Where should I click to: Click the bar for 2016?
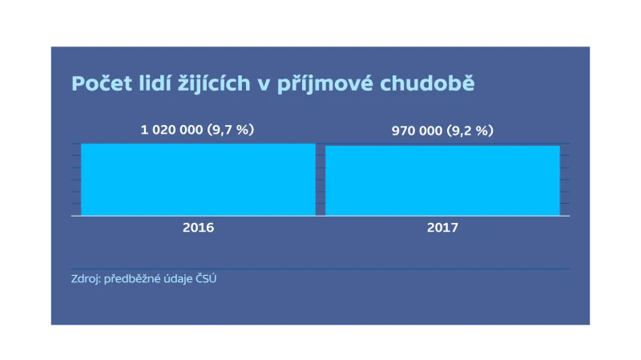pos(198,180)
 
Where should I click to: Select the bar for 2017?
pos(442,180)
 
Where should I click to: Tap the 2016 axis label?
pos(198,228)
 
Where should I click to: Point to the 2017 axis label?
pos(442,228)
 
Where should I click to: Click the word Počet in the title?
pos(99,83)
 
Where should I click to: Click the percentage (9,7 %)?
pos(230,129)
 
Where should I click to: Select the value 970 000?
pos(417,131)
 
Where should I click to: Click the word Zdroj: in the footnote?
pos(86,280)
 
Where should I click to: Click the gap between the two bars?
pos(320,180)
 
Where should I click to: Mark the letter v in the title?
pos(261,84)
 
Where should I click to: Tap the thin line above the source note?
pos(320,269)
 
